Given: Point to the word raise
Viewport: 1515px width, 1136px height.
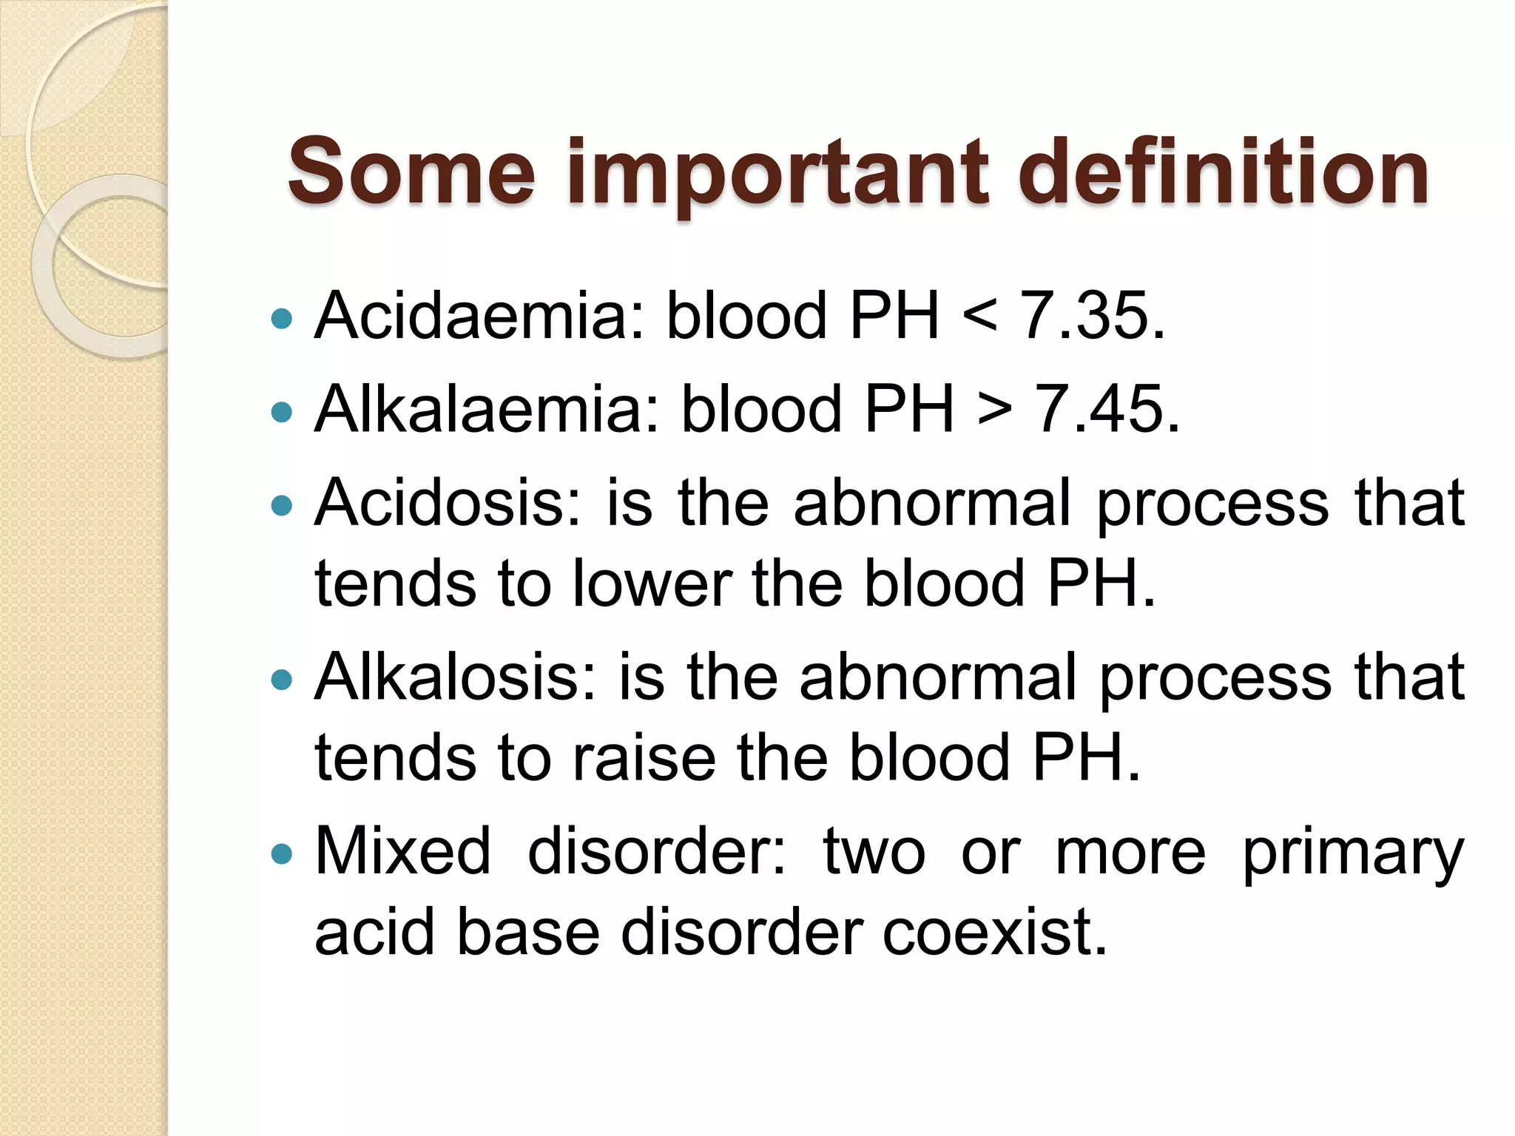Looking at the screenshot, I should [645, 758].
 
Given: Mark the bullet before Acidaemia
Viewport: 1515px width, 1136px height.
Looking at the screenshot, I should [282, 319].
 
